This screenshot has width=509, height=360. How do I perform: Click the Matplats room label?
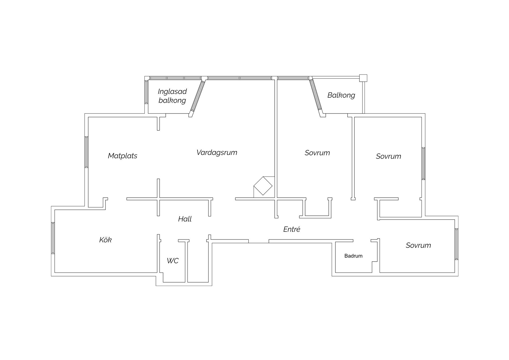coord(122,156)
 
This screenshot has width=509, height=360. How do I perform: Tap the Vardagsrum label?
coord(217,153)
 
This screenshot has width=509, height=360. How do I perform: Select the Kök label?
coord(106,240)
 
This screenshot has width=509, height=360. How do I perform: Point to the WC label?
coord(173,261)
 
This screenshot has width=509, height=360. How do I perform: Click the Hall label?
coord(185,219)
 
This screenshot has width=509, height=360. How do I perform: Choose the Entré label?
coord(292,229)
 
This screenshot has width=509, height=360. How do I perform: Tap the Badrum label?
coord(353,256)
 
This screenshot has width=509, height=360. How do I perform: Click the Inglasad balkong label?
coord(172,96)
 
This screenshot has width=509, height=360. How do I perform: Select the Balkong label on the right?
coord(341,95)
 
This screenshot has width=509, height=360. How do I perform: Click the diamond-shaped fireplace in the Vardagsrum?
coord(263,186)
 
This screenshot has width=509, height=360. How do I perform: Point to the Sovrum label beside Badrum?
coord(418,245)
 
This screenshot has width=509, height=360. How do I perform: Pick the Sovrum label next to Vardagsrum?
coord(317,153)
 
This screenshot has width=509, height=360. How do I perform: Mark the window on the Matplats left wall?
coord(86,152)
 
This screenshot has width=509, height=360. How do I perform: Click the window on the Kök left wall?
coord(53,238)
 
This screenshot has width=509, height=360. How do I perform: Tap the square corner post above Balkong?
coord(363,78)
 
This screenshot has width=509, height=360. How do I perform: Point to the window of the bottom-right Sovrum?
coord(457,244)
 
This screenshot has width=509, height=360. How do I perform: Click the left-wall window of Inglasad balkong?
coord(146,92)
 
